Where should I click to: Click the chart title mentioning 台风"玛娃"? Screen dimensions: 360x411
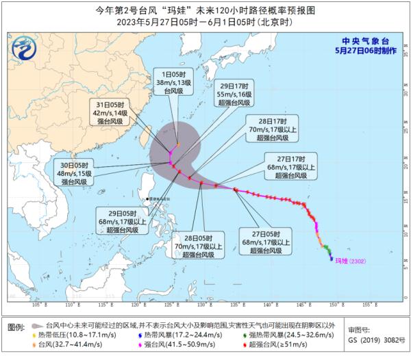tap(206, 10)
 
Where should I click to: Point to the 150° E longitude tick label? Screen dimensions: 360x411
tap(334, 305)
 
